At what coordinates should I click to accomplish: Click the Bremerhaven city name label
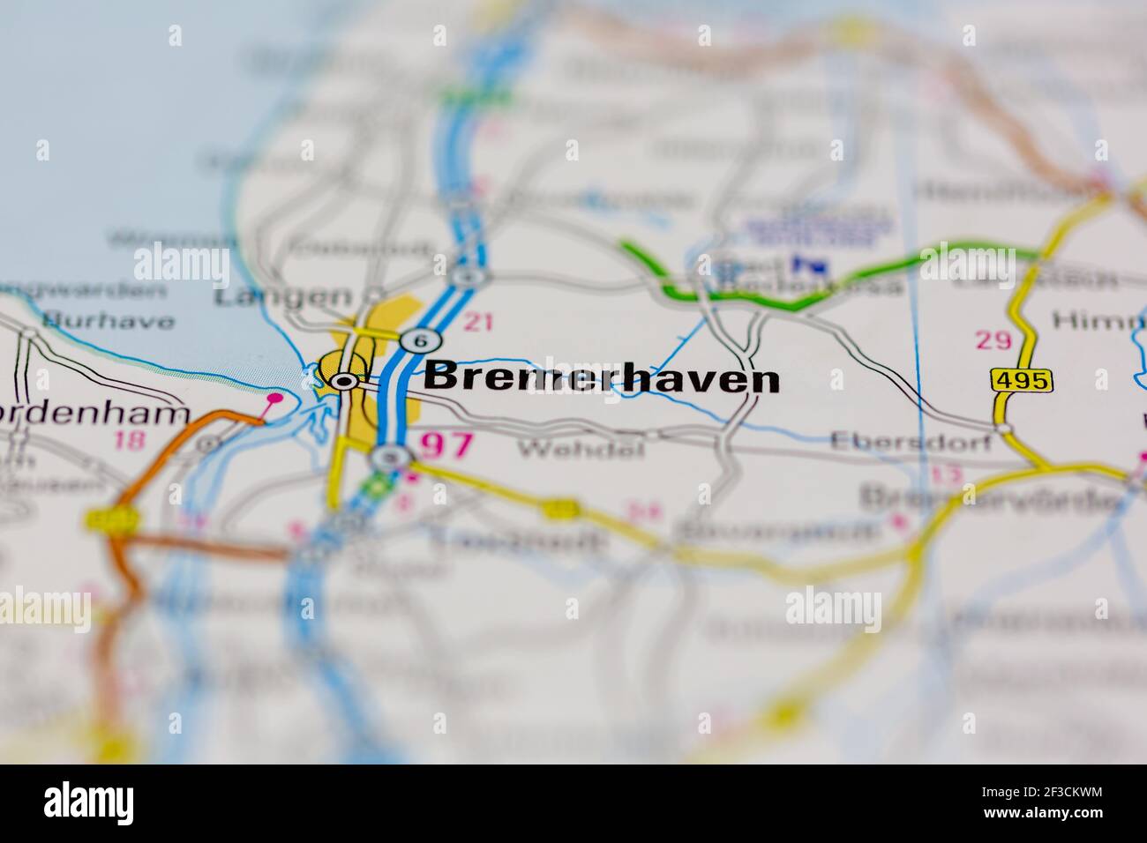[x=602, y=378]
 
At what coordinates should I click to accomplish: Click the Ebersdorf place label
[x=911, y=442]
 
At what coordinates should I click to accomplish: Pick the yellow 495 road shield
[x=1022, y=380]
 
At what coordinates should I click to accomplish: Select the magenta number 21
[x=477, y=323]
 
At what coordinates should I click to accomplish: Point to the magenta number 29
[x=993, y=339]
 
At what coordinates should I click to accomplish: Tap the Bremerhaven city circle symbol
[x=342, y=381]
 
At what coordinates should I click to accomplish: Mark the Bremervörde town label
[x=988, y=498]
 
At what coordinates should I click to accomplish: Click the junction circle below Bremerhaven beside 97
[x=389, y=457]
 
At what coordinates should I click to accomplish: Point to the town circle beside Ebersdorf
[x=1005, y=429]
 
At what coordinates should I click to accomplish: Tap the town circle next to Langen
[x=376, y=294]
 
